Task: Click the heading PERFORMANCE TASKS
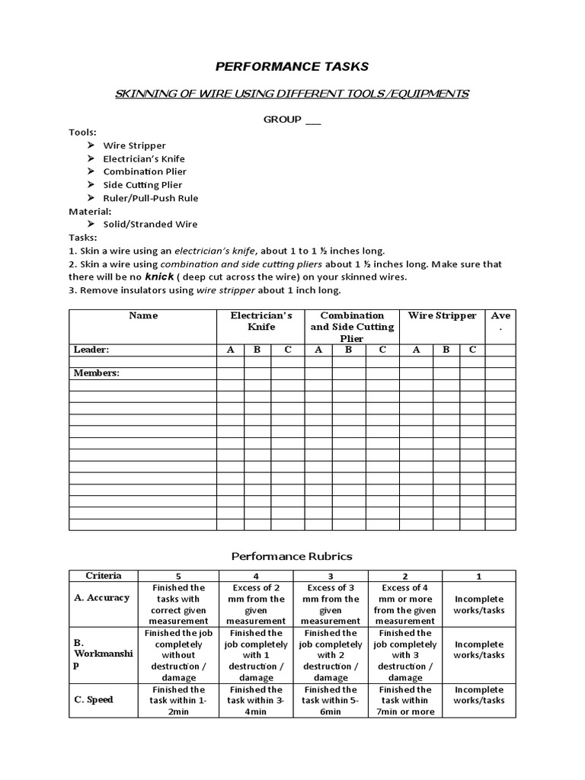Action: tap(292, 67)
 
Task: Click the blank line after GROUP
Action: tap(313, 120)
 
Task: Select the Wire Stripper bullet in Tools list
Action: tap(134, 145)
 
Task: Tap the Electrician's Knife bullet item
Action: tap(144, 158)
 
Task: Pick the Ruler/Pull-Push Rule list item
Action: tap(150, 198)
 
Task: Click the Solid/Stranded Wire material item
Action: tap(150, 224)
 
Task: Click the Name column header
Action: tap(142, 315)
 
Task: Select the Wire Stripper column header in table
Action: tap(442, 315)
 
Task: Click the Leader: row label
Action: tap(91, 350)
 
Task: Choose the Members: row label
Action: tap(97, 373)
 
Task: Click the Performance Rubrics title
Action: tap(292, 556)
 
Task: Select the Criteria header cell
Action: tap(104, 576)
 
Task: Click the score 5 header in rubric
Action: tap(179, 577)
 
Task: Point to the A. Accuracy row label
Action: tap(101, 598)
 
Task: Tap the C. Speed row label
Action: tap(94, 699)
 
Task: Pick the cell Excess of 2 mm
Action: tap(256, 604)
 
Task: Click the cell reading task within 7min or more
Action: tap(405, 701)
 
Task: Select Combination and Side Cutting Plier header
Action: tap(351, 327)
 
